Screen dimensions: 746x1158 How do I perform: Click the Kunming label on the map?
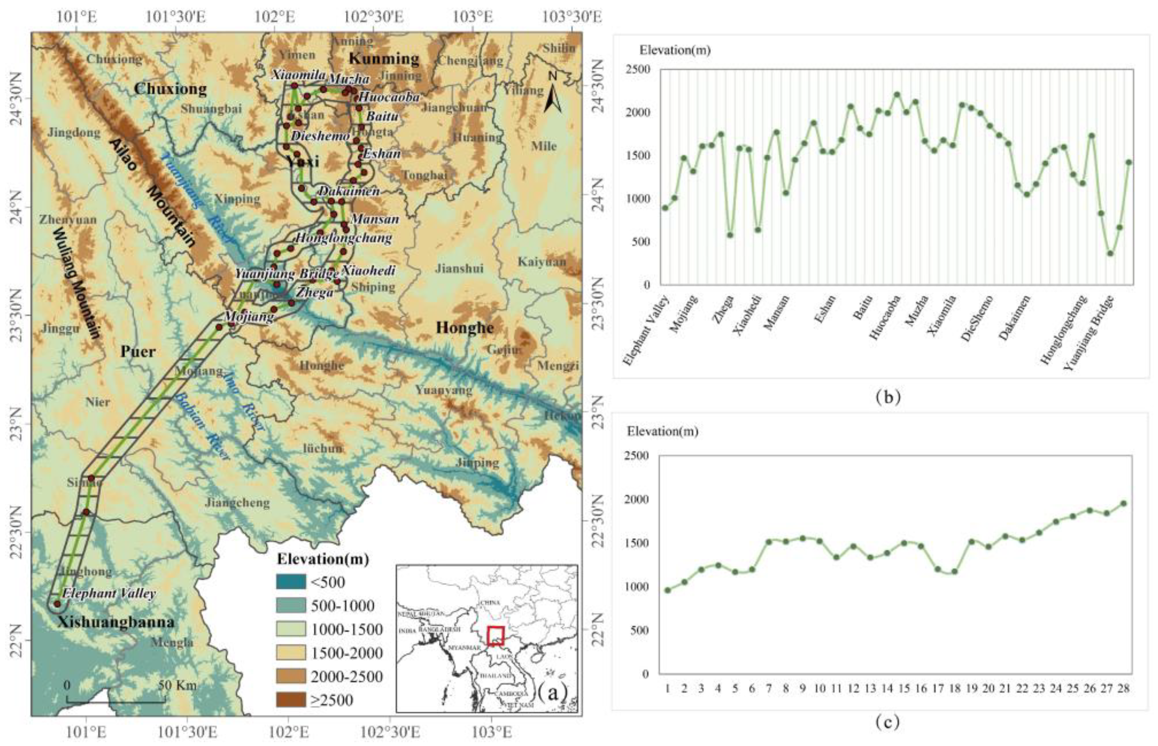(x=384, y=59)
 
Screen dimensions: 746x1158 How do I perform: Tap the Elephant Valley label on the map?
(x=109, y=593)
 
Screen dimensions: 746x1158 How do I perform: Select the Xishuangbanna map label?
(x=116, y=622)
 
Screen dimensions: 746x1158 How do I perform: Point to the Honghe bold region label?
(x=465, y=328)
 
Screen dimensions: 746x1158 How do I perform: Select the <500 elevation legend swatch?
(x=291, y=582)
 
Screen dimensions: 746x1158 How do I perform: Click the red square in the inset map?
(x=496, y=635)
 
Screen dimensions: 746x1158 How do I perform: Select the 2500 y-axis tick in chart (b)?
(x=640, y=69)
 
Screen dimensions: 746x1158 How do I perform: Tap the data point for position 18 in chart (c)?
(x=954, y=572)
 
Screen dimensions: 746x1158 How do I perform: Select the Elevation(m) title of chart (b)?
(x=675, y=50)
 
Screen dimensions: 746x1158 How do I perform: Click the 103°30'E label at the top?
(x=572, y=18)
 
